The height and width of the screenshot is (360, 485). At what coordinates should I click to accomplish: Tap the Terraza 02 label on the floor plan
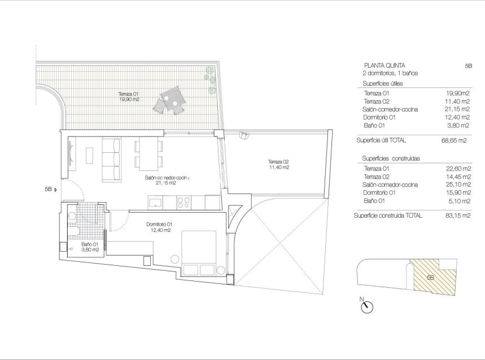point(278,164)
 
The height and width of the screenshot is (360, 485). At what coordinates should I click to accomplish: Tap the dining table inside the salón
point(148,153)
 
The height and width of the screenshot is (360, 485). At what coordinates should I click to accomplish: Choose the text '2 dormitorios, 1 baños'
point(390,73)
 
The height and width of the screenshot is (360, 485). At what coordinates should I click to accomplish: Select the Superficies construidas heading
point(384,159)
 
